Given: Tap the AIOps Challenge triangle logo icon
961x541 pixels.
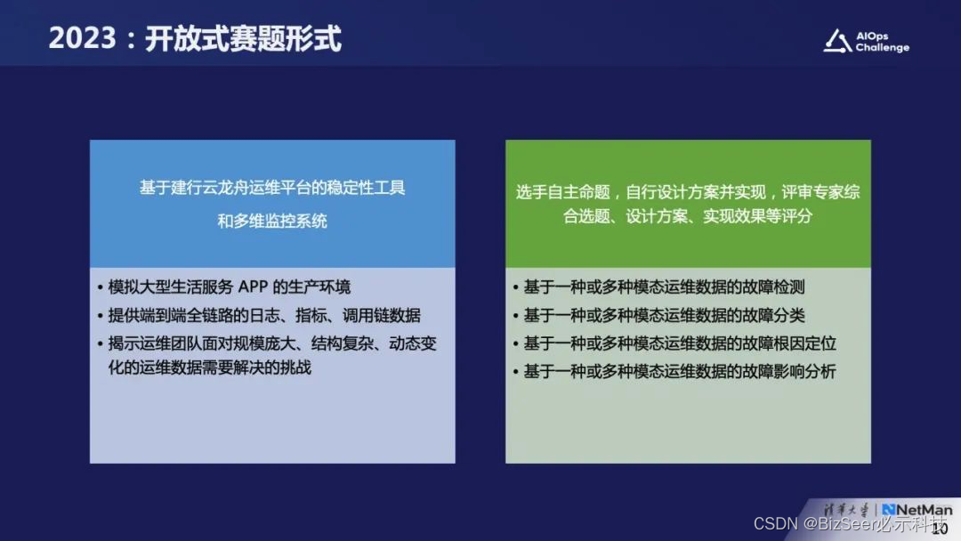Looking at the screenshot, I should coord(836,41).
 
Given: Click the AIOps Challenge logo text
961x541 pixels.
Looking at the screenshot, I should coord(882,42).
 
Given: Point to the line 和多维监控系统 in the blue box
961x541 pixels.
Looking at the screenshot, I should coord(272,221).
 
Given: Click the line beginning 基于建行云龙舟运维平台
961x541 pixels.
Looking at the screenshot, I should coord(272,188).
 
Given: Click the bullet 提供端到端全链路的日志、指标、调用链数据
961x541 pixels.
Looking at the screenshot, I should coord(264,315).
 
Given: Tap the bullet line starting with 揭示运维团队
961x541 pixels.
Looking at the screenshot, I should coord(272,343).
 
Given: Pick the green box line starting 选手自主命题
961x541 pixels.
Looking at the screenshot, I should coord(688,192).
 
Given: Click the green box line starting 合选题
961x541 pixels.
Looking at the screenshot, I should coord(688,216).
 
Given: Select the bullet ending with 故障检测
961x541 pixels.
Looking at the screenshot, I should coord(664,287).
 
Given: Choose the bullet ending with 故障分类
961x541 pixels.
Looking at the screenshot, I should coord(664,315).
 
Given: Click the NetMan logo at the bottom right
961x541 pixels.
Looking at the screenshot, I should coord(917,510).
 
